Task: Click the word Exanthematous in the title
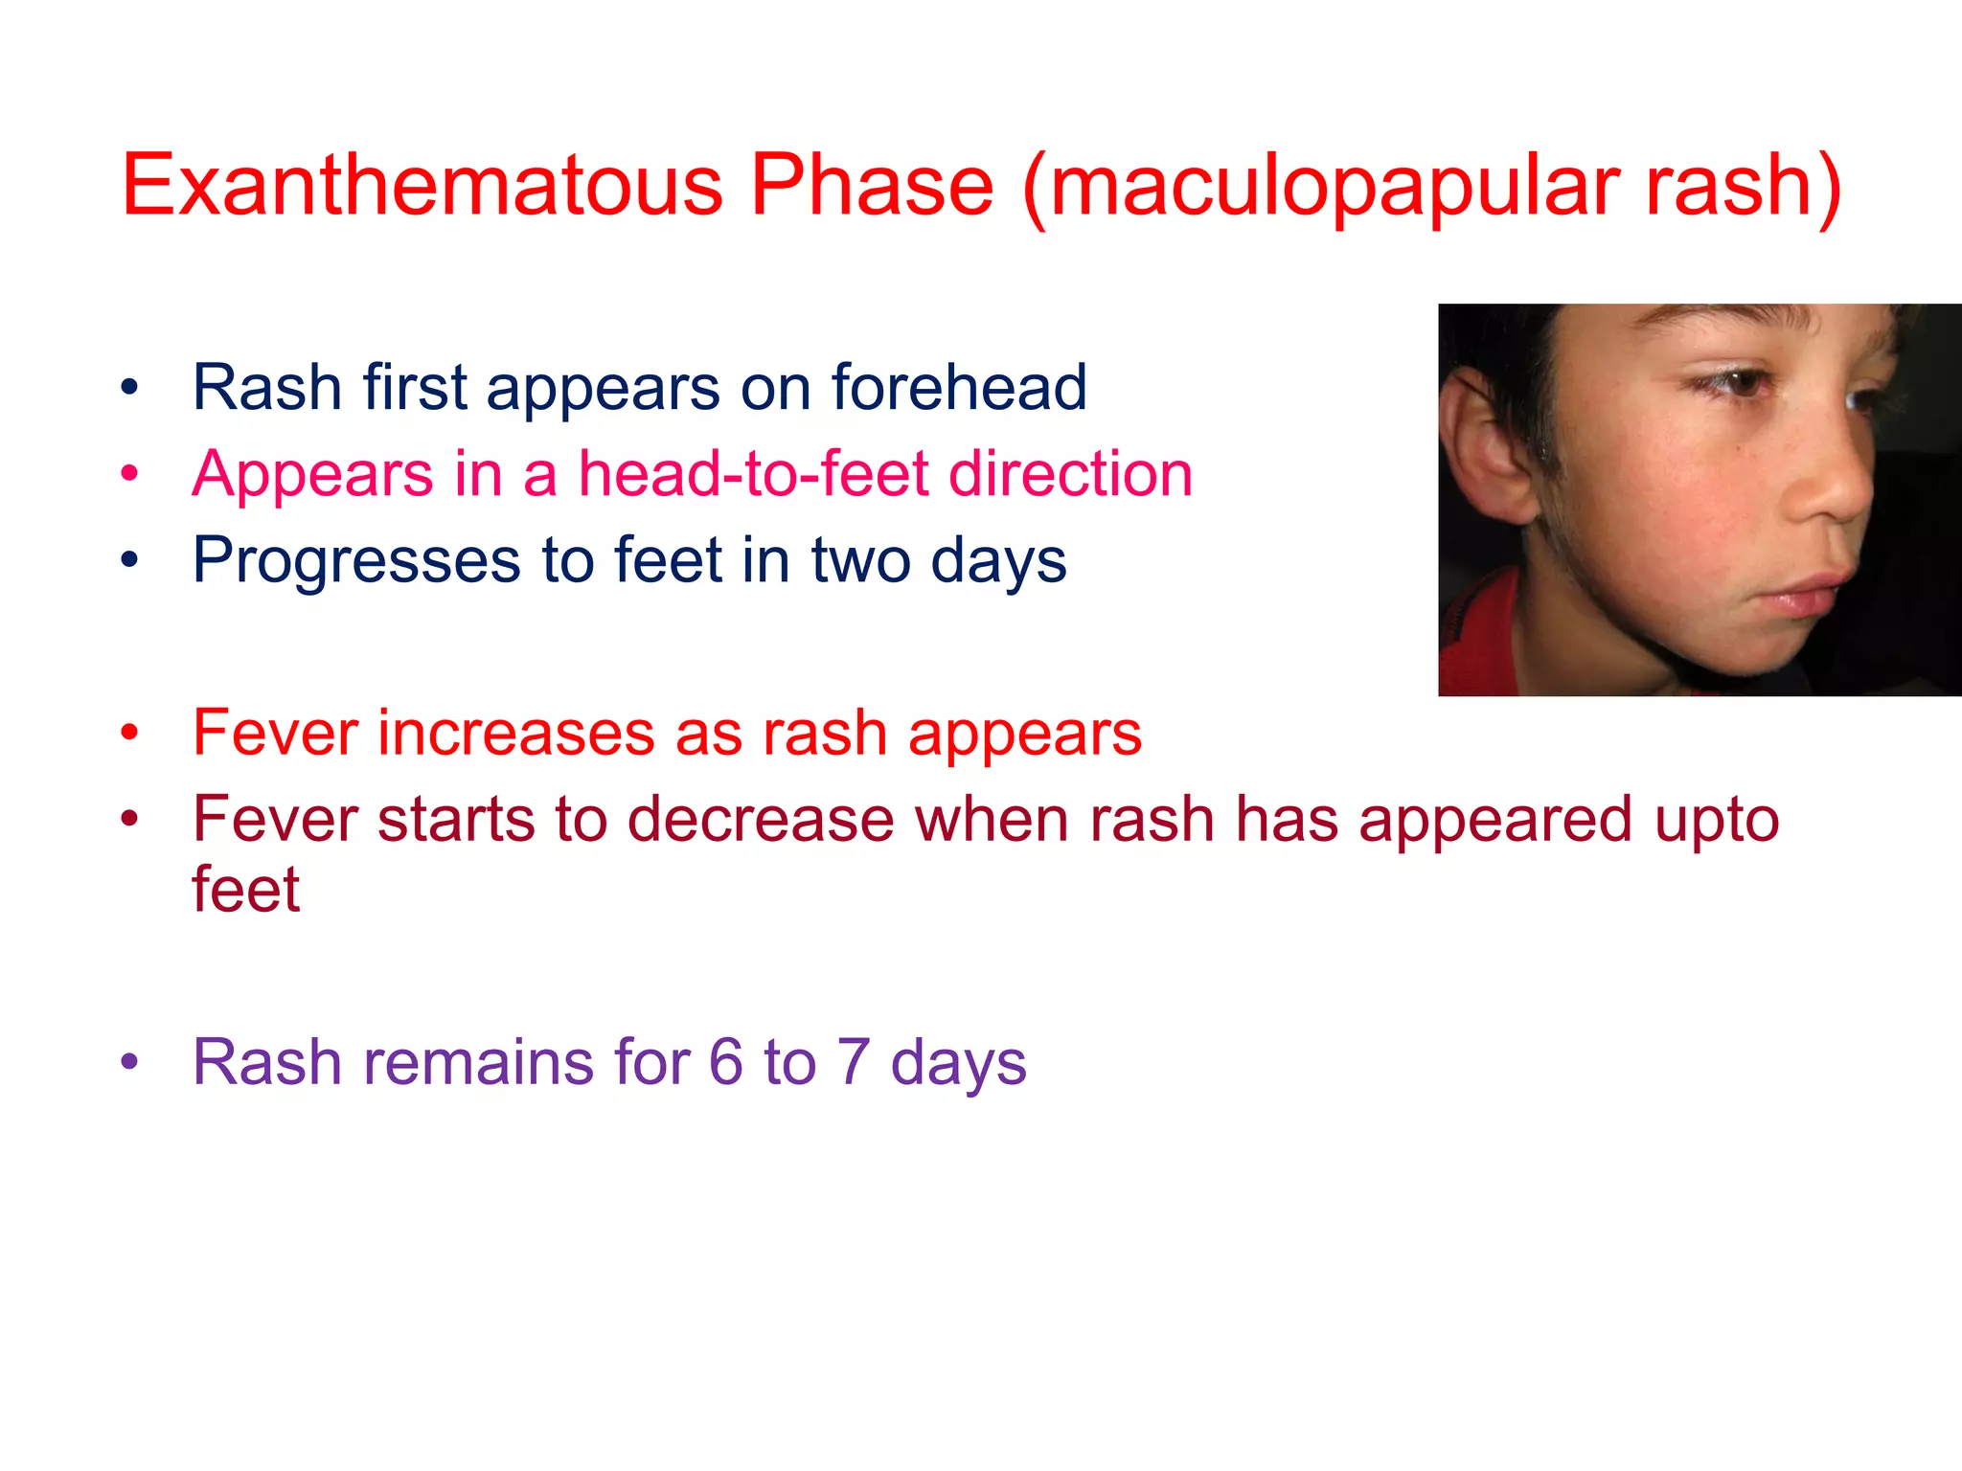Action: point(422,184)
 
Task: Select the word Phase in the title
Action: point(871,184)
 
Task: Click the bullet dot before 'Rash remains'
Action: point(129,1061)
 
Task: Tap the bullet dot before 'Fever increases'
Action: point(129,734)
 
